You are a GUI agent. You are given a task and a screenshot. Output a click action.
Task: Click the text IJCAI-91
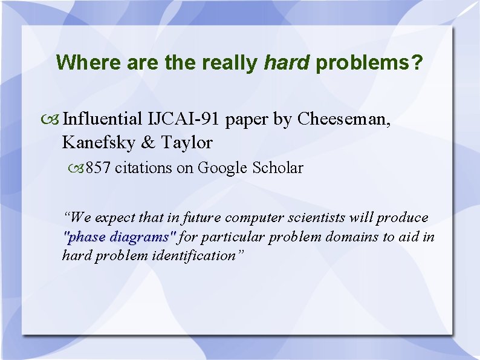[184, 119]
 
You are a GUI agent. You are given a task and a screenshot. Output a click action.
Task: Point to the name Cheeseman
[344, 119]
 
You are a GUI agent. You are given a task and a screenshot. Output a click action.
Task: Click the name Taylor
[187, 143]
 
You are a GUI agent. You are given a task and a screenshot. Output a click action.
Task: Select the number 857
[98, 168]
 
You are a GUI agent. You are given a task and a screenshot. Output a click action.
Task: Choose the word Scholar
[278, 168]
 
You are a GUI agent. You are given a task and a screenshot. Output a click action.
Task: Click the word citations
[143, 168]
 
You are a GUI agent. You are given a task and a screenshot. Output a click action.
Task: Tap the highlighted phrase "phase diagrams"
[119, 237]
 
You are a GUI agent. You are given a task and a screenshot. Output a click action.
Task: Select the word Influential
[103, 119]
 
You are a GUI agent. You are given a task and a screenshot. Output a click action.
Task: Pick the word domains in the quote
[353, 237]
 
